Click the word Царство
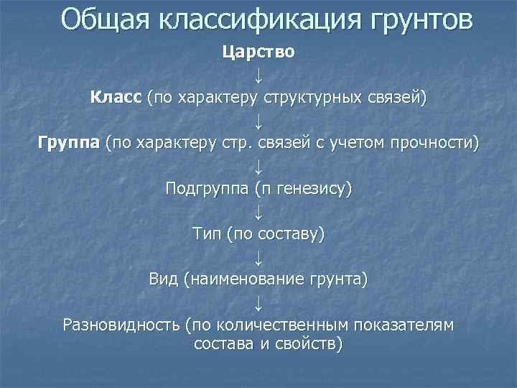pos(258,52)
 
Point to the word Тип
pos(208,234)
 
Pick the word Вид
pos(164,280)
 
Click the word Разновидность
pos(121,325)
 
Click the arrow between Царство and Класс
pos(258,75)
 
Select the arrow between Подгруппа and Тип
pos(258,211)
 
